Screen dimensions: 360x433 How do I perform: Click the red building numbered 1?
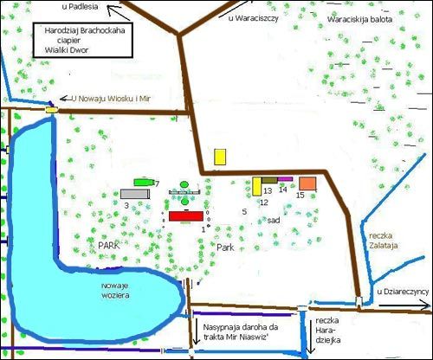click(x=185, y=215)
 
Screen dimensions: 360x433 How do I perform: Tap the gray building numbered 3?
click(x=136, y=194)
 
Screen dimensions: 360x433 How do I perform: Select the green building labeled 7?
click(x=143, y=183)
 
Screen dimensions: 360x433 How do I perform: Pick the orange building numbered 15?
click(x=307, y=183)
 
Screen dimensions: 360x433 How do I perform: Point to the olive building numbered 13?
click(x=269, y=180)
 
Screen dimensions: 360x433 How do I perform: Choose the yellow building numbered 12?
click(x=257, y=186)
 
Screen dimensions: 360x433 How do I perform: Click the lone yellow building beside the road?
click(x=220, y=156)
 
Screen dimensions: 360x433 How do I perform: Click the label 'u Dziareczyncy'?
click(x=404, y=292)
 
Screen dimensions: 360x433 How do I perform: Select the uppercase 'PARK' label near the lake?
click(x=108, y=246)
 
